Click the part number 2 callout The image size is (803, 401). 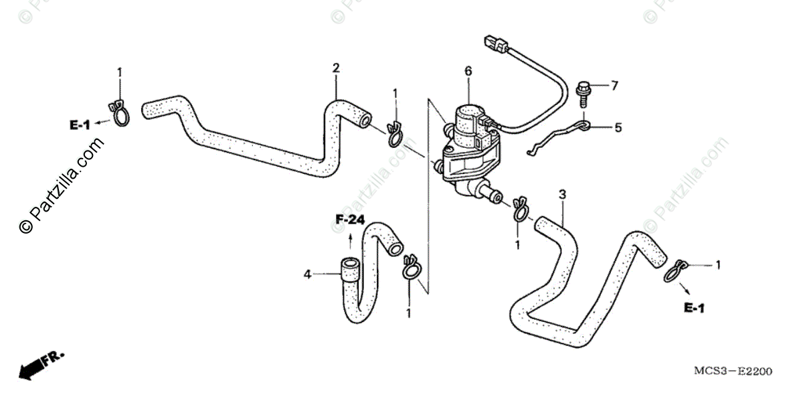click(x=336, y=68)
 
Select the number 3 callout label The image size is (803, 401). click(x=562, y=194)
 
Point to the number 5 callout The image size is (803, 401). click(x=618, y=126)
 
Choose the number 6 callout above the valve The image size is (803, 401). click(x=468, y=70)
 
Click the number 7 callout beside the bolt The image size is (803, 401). click(x=614, y=85)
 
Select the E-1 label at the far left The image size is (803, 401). click(x=79, y=124)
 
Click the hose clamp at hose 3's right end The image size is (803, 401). click(x=676, y=269)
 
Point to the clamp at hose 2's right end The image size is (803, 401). click(x=393, y=135)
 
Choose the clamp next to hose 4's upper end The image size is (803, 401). click(x=411, y=266)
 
